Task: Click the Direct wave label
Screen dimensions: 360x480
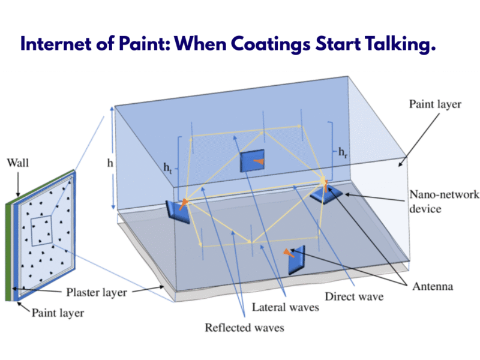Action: pos(354,296)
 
